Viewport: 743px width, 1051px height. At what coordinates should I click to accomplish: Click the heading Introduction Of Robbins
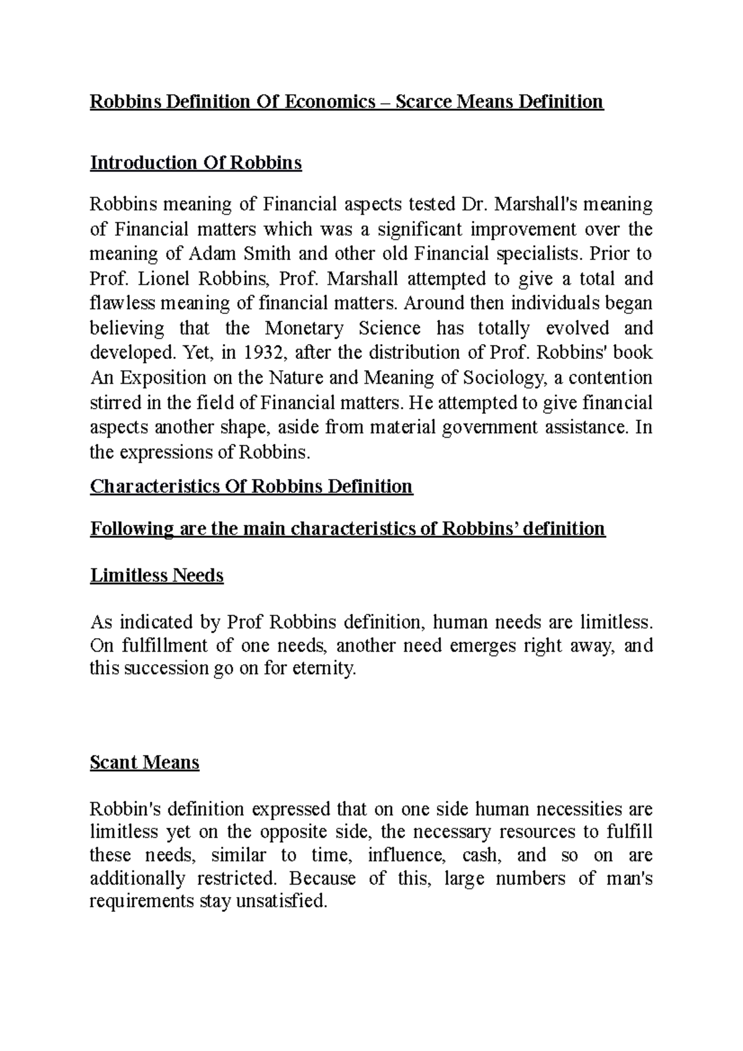(x=196, y=163)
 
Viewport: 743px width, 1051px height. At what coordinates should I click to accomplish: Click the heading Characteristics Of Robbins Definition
(x=251, y=487)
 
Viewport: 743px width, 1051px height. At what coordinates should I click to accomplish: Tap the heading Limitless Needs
(x=157, y=576)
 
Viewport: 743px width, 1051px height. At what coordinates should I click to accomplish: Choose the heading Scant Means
(x=144, y=762)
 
